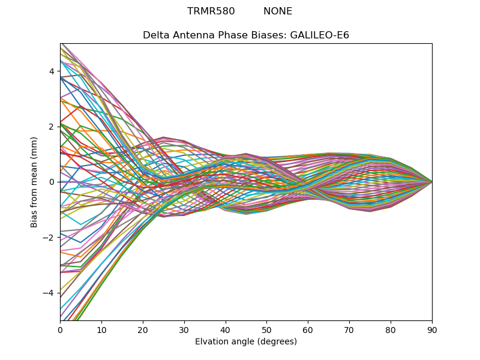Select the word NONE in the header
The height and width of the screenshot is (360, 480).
pyautogui.click(x=278, y=11)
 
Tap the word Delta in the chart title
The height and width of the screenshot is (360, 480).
pyautogui.click(x=155, y=35)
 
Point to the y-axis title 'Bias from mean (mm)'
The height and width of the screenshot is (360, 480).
pyautogui.click(x=34, y=181)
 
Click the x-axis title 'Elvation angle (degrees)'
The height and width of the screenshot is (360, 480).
pyautogui.click(x=246, y=342)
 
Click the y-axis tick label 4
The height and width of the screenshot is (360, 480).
pyautogui.click(x=52, y=71)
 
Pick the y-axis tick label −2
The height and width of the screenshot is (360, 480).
pyautogui.click(x=49, y=237)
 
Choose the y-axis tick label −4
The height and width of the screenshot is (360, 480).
pyautogui.click(x=49, y=292)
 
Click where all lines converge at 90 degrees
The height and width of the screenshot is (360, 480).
pyautogui.click(x=431, y=181)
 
